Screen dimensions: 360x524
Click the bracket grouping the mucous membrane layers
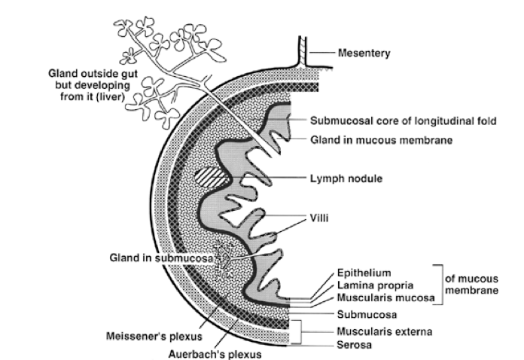pos(439,285)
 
